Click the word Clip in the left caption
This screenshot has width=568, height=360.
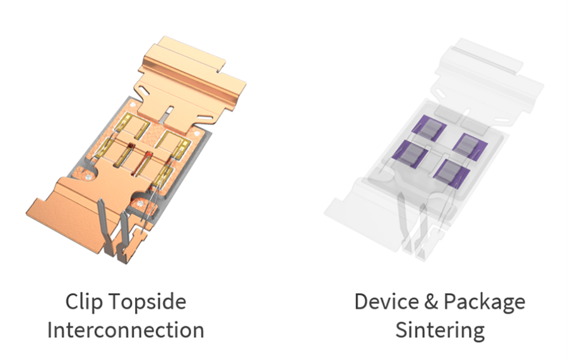point(83,302)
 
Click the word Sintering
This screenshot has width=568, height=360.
point(440,330)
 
